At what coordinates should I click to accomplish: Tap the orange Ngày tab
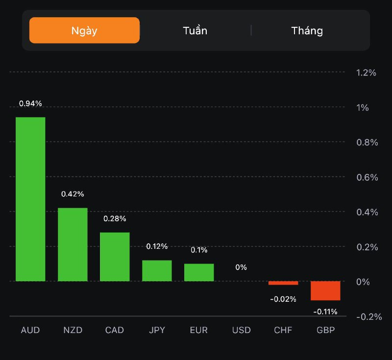point(84,30)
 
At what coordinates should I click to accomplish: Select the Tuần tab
point(195,30)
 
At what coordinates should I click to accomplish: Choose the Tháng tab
point(307,30)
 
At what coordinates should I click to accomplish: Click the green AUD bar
point(30,199)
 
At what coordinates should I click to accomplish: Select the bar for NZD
point(73,244)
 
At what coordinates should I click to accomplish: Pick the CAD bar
point(115,257)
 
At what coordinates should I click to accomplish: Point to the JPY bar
point(157,270)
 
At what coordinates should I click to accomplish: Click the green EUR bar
point(199,272)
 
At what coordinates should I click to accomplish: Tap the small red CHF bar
point(283,283)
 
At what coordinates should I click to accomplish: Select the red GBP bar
point(325,290)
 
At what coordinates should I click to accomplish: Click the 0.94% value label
point(30,103)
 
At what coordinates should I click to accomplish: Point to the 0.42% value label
point(73,194)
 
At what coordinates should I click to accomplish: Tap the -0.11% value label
point(325,312)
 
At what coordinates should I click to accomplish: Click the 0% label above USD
point(241,267)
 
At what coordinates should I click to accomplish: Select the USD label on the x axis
point(241,330)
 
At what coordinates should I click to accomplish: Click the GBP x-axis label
point(325,330)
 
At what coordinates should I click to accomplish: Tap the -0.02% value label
point(283,299)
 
